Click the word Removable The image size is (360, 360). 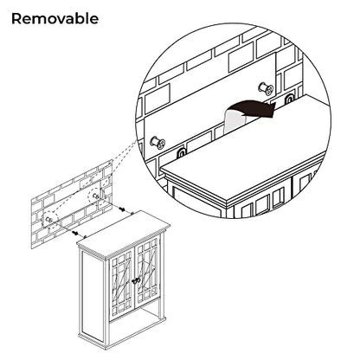pos(55,19)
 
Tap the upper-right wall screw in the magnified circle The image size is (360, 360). pos(266,88)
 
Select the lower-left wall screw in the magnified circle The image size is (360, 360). pos(157,142)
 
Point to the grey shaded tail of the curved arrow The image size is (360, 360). pos(233,119)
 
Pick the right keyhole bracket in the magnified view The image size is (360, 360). pos(288,100)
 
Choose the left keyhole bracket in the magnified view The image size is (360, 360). pos(181,153)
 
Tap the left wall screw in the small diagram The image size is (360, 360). pos(48,220)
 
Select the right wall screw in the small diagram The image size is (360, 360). pos(95,196)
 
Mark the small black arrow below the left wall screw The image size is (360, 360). pos(75,232)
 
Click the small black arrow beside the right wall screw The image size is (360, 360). pos(122,209)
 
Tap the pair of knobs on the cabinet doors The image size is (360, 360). pos(136,280)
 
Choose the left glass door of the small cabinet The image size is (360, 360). pos(121,281)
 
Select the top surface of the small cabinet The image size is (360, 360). pos(124,233)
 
